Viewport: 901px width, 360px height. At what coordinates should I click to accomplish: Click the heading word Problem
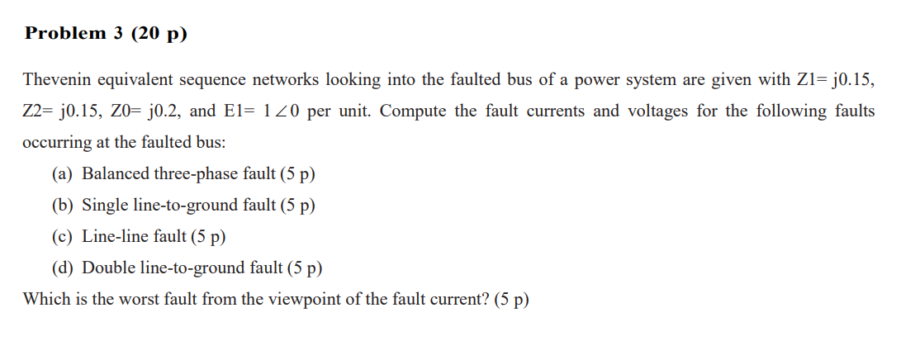click(x=65, y=34)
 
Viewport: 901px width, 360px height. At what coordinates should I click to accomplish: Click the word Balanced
click(x=116, y=174)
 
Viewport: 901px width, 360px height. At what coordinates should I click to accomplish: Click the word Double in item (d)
click(x=109, y=268)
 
